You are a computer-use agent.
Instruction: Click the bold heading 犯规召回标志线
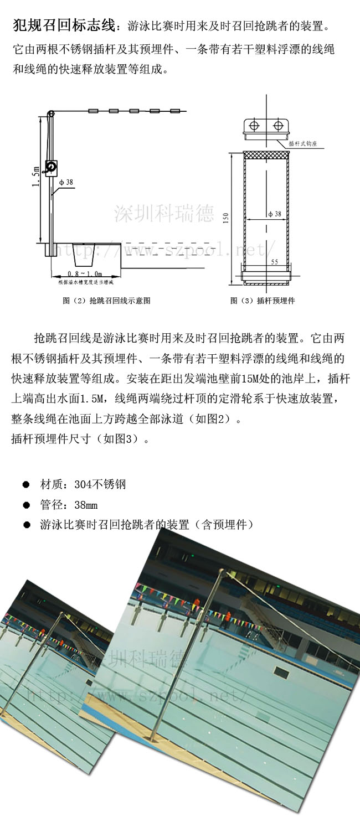click(x=64, y=25)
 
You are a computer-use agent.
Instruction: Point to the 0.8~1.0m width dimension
click(x=84, y=273)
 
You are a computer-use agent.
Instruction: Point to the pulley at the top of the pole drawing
click(x=51, y=114)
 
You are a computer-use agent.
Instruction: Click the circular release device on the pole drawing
click(x=52, y=166)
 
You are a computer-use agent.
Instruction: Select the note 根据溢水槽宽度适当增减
click(x=85, y=282)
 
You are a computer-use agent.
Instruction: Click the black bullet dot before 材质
click(x=25, y=484)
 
